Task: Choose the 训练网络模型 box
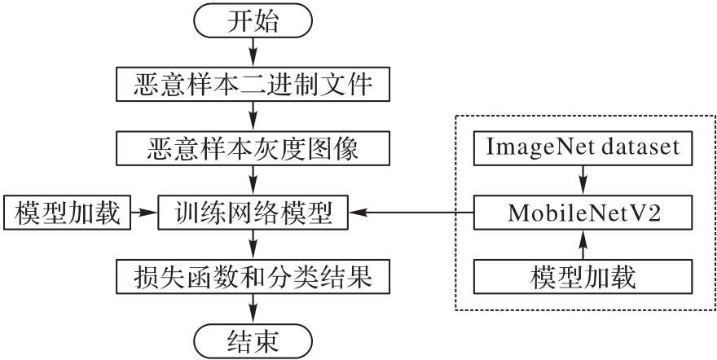coord(253,213)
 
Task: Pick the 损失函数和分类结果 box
coord(253,277)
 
